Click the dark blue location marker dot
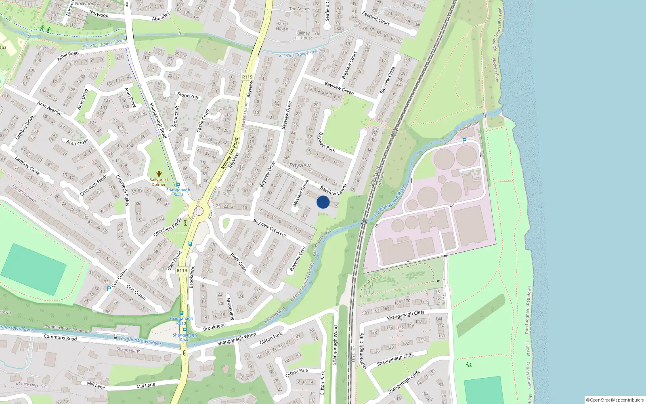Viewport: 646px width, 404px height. coord(323,202)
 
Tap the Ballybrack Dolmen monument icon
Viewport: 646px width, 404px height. coord(159,173)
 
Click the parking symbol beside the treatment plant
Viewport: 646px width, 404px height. coord(464,141)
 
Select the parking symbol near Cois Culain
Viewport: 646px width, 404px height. coord(109,288)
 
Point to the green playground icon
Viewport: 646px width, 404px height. coord(468,364)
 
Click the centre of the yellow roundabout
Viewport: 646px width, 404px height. coord(199,210)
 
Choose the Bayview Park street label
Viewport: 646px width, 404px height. coord(327,142)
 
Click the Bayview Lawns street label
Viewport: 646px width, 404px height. coord(333,189)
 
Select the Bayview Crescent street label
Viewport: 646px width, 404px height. coord(270,228)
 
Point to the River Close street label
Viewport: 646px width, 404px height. coord(238,262)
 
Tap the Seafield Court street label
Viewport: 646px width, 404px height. coord(376,18)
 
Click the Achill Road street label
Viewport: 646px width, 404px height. coord(68,56)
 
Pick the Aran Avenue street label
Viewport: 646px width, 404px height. coord(49,108)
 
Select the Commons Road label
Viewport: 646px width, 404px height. coord(60,337)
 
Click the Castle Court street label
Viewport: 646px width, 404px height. coord(203,120)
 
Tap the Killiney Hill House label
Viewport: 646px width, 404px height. coord(303,36)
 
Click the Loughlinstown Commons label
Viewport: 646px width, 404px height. coord(67,328)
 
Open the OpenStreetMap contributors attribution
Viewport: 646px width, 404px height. coord(615,400)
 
